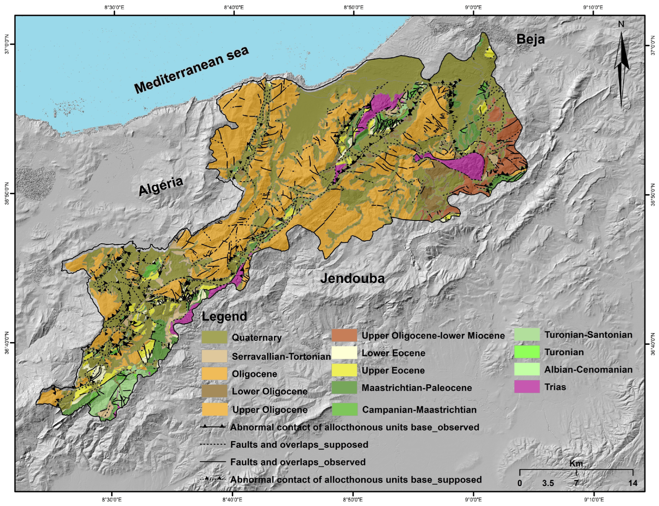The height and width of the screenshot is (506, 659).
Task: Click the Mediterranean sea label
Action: (192, 70)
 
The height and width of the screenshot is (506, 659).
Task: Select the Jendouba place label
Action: (352, 279)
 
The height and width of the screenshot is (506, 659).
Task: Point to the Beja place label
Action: (531, 39)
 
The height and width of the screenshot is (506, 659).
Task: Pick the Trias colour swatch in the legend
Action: (527, 387)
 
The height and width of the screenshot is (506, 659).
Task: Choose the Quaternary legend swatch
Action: (214, 337)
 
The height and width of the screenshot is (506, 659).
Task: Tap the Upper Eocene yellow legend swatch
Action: (344, 370)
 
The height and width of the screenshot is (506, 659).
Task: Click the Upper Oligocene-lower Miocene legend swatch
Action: (344, 335)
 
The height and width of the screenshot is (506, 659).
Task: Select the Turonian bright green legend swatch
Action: (527, 352)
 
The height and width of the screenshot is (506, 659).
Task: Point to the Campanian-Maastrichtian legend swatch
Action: (345, 409)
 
